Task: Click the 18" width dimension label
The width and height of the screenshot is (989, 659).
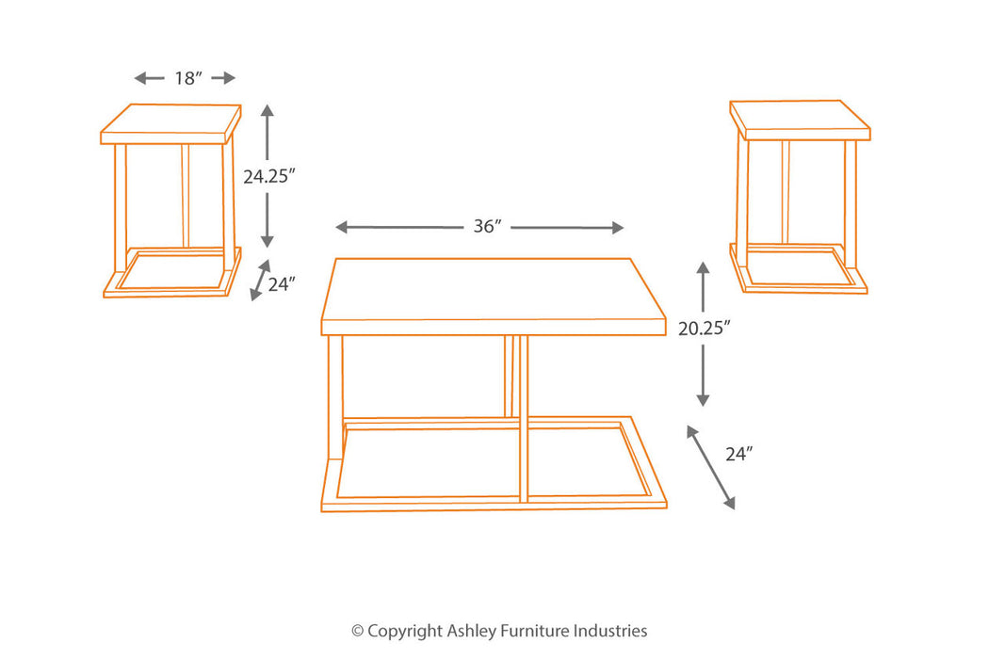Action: [188, 78]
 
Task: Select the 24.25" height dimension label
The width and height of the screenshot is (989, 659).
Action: [269, 176]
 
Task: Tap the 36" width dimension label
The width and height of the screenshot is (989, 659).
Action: [488, 226]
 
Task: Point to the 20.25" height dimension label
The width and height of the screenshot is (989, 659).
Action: [704, 328]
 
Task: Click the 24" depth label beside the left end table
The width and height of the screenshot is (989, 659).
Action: [282, 284]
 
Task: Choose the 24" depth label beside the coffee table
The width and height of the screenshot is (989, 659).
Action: [739, 454]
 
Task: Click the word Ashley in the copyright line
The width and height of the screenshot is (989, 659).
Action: [471, 631]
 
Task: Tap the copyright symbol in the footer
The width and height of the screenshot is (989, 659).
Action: [358, 631]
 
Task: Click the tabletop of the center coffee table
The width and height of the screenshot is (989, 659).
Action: [494, 296]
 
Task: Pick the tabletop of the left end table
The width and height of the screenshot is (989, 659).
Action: [170, 123]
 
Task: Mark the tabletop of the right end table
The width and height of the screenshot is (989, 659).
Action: [800, 120]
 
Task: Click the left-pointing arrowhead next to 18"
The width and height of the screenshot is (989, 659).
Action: [140, 78]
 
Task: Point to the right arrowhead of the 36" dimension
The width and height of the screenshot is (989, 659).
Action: [618, 228]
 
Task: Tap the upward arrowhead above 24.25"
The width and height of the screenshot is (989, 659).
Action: [268, 112]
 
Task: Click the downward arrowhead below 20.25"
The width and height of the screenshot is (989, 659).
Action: [704, 399]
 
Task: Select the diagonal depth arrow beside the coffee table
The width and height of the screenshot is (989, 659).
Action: [711, 467]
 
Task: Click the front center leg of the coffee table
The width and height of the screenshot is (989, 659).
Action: [523, 419]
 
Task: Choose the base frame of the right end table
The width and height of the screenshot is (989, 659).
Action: [799, 270]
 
